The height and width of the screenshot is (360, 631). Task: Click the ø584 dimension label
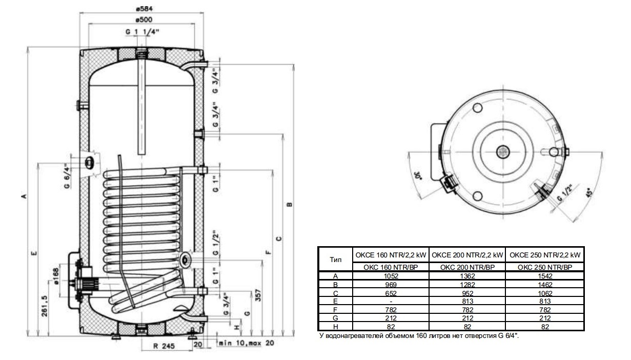click(141, 9)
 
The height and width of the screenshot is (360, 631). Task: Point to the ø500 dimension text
click(141, 19)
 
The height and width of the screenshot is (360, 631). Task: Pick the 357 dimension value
click(259, 296)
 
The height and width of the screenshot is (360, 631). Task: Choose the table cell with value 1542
click(545, 275)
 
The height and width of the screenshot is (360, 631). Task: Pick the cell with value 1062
click(545, 292)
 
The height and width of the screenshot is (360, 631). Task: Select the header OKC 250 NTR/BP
click(545, 267)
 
